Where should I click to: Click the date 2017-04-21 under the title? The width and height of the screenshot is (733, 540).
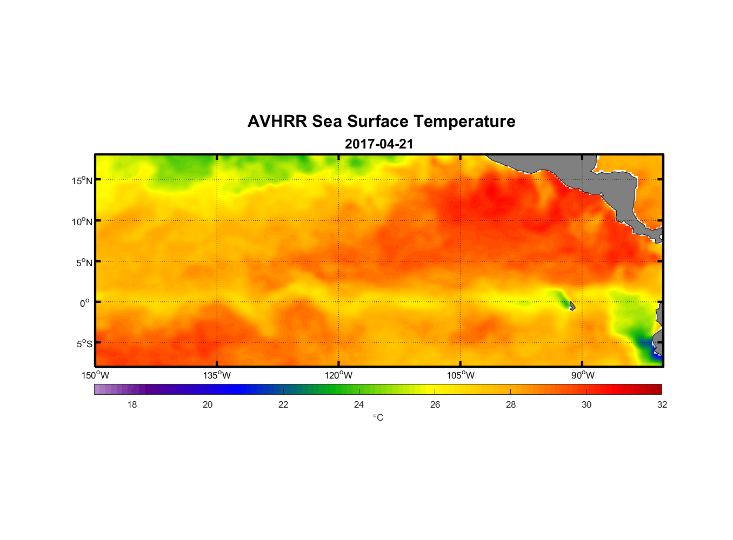coord(379,144)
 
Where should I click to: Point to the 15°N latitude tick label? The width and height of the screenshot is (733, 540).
coord(82,180)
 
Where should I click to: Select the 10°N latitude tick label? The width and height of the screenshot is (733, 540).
coord(82,221)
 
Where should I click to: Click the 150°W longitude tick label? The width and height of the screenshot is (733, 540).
coord(95,375)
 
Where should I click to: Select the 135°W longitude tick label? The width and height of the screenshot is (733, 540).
coord(217,375)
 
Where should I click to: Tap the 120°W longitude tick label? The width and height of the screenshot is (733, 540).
coord(338,375)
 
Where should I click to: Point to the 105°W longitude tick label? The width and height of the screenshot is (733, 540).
coord(461,375)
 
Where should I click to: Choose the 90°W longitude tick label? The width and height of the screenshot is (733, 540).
coord(583,375)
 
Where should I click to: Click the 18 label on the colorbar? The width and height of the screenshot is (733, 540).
coord(132,404)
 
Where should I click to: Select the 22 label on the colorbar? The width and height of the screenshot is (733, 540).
coord(283,404)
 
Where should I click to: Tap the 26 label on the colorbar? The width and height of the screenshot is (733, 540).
coord(435,404)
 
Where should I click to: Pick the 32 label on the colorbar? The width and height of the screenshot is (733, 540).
coord(662,404)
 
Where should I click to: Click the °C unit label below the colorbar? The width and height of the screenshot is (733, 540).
coord(378,417)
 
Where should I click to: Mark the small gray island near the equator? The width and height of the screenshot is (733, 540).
coord(572,306)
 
